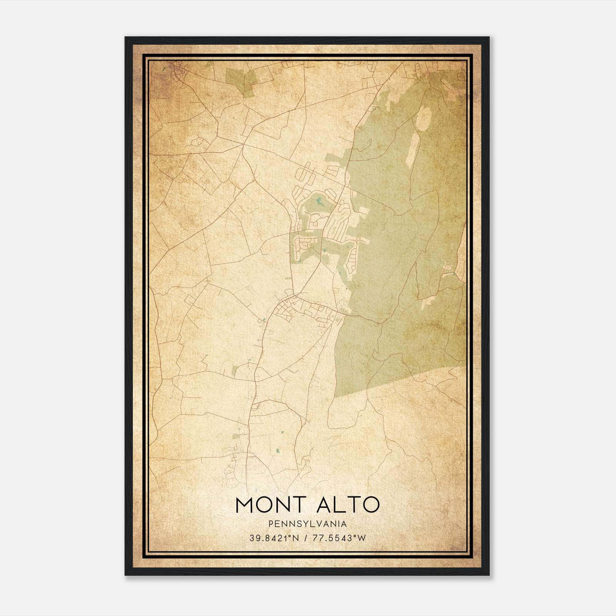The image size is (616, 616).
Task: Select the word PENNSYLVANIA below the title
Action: click(x=308, y=524)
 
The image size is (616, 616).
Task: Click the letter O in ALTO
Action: click(x=371, y=505)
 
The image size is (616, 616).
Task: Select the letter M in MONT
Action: click(x=244, y=505)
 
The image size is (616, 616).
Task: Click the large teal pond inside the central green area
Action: click(x=319, y=201)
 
